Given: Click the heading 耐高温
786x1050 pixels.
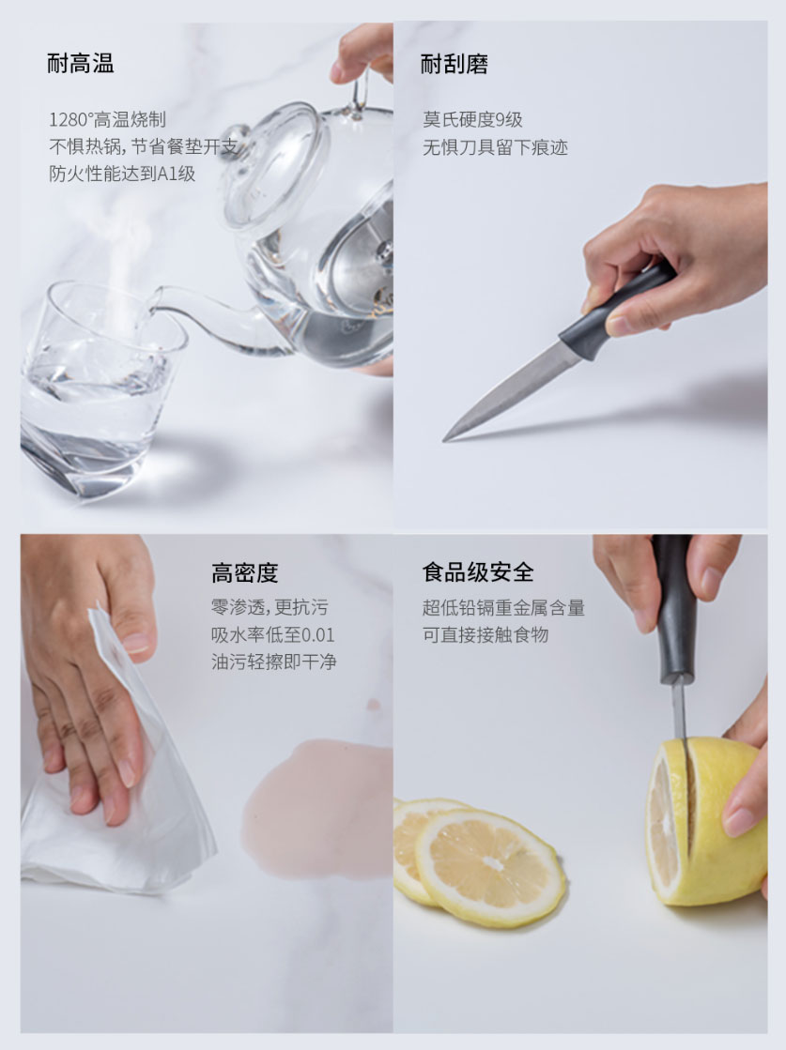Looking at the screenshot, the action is [x=81, y=64].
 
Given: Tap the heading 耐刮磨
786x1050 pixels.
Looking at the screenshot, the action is [x=454, y=64].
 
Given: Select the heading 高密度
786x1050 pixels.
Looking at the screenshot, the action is [x=244, y=573].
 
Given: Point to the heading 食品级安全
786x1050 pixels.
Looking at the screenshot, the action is [x=478, y=572].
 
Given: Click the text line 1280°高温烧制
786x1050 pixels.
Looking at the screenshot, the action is [x=107, y=120].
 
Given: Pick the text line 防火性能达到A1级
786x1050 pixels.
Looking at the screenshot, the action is [x=122, y=175].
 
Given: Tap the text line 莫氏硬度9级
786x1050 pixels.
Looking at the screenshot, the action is [x=472, y=120].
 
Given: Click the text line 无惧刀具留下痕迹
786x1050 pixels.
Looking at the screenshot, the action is [x=495, y=147].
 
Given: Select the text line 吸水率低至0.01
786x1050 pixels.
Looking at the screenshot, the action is [x=272, y=635].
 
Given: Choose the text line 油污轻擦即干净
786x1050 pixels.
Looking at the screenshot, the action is [x=273, y=662].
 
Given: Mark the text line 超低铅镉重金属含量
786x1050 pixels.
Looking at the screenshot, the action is [x=503, y=608].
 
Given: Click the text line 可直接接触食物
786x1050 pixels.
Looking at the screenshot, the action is [x=485, y=635].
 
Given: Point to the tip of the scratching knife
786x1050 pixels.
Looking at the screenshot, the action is [x=443, y=440].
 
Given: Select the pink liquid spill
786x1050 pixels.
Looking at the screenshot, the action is [x=318, y=807].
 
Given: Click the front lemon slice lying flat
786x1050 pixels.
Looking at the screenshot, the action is [x=489, y=866].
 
